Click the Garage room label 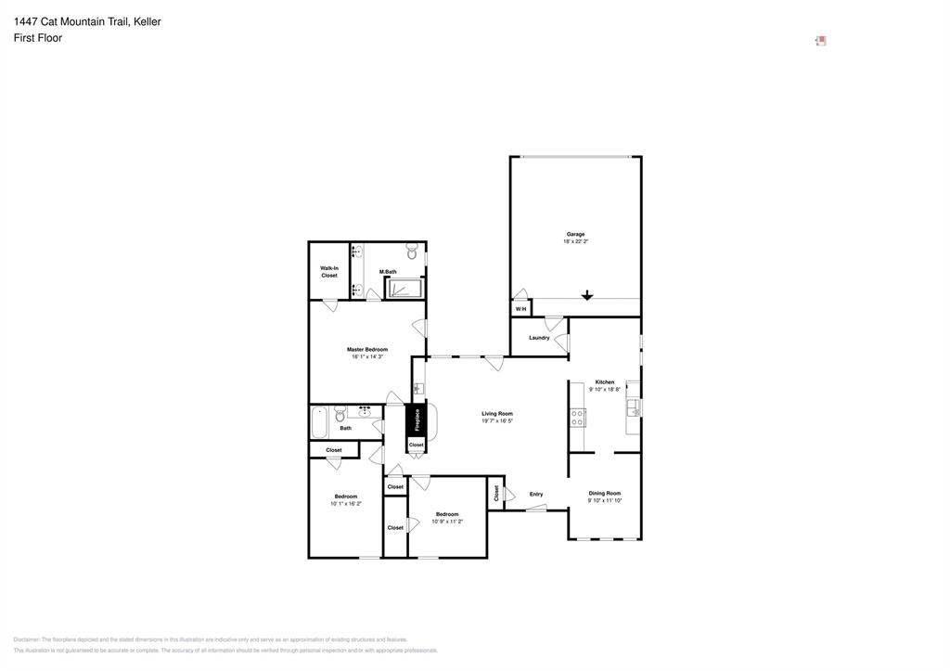[575, 234]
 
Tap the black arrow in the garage [586, 296]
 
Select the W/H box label [520, 309]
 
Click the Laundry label [539, 338]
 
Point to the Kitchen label [604, 382]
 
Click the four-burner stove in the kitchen [577, 418]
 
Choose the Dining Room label [604, 494]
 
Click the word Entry [536, 494]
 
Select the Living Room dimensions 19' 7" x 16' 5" [497, 421]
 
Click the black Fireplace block [417, 419]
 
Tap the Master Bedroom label [367, 350]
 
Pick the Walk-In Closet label [329, 272]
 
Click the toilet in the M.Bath [411, 252]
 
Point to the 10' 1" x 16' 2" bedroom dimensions [346, 504]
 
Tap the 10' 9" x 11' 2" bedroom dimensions [447, 522]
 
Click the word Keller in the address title [147, 21]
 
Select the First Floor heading [38, 38]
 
